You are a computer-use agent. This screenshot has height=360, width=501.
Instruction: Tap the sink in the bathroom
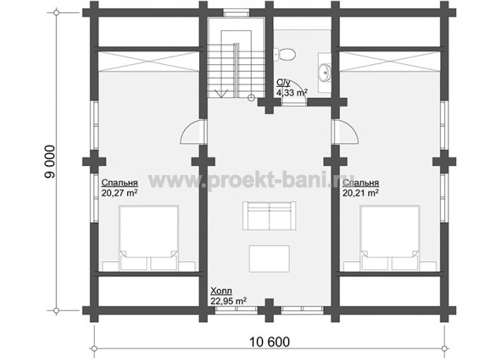pyautogui.click(x=325, y=72)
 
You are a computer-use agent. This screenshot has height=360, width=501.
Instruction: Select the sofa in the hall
pyautogui.click(x=269, y=215)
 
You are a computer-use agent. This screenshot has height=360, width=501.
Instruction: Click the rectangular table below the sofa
pyautogui.click(x=270, y=258)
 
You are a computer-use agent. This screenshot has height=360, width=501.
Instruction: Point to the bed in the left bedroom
pyautogui.click(x=149, y=238)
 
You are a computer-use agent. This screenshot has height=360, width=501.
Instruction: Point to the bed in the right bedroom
pyautogui.click(x=390, y=238)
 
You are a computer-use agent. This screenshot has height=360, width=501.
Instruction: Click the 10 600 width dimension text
pyautogui.click(x=269, y=342)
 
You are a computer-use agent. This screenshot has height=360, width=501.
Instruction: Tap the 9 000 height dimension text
pyautogui.click(x=50, y=162)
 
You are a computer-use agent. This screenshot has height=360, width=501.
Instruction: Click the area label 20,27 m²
pyautogui.click(x=120, y=193)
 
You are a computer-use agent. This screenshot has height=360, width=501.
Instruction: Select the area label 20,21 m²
pyautogui.click(x=361, y=193)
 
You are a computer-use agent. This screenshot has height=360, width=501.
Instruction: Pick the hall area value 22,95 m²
pyautogui.click(x=229, y=301)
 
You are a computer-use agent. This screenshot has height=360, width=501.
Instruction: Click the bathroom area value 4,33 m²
pyautogui.click(x=292, y=92)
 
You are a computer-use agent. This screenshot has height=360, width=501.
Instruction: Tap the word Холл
pyautogui.click(x=221, y=292)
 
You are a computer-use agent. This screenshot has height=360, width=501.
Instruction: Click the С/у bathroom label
pyautogui.click(x=284, y=83)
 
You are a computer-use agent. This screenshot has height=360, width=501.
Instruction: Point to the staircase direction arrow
pyautogui.click(x=221, y=93)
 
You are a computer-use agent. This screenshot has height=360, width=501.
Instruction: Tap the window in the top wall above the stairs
pyautogui.click(x=236, y=13)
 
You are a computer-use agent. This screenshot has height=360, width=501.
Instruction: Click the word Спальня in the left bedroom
pyautogui.click(x=120, y=183)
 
